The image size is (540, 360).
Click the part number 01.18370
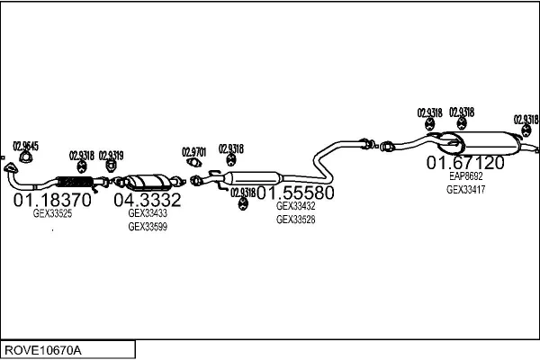pos(52,200)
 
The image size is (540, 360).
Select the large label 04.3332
pos(148,200)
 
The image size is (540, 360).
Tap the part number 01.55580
pos(296,193)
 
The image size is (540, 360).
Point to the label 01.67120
pos(465,163)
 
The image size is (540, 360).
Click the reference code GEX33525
pos(52,214)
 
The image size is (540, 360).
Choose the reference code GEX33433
pos(148,213)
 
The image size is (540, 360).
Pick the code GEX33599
pos(148,227)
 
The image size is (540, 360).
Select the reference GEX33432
pos(295,206)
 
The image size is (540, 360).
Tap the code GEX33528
pos(295,220)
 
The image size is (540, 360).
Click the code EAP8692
pos(465,176)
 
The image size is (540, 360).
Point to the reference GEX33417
pos(465,189)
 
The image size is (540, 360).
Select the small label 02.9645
pos(25,146)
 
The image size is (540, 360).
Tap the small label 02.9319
pos(111,155)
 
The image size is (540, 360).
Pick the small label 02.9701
pos(194,151)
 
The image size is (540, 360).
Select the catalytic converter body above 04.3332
pos(148,182)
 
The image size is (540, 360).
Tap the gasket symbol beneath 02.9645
pos(24,159)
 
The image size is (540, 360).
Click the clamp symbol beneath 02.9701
pos(194,164)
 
